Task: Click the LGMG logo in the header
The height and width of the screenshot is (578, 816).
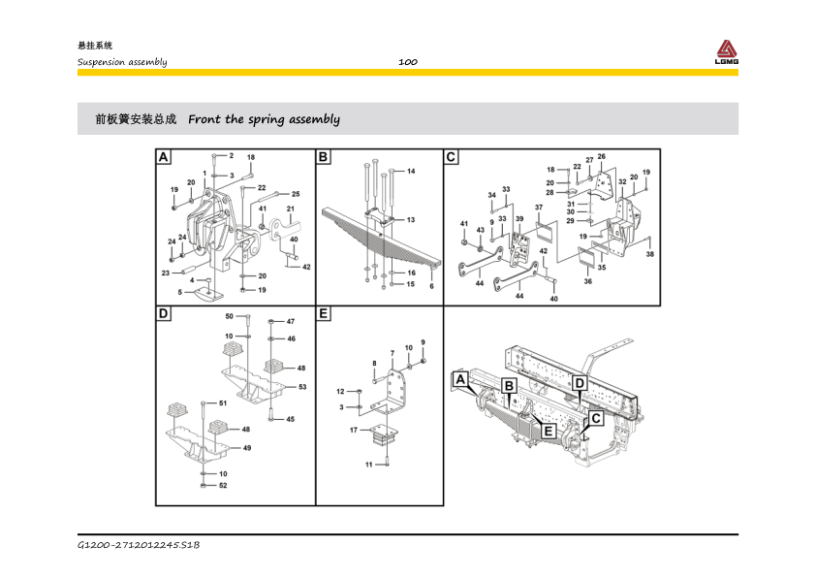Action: (727, 52)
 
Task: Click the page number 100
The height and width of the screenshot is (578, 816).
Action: (407, 62)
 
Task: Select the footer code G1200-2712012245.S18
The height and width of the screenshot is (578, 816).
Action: (139, 547)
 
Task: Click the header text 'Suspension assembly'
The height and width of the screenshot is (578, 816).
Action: (122, 62)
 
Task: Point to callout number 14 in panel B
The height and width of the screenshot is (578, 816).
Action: (411, 171)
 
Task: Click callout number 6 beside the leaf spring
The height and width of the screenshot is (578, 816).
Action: (431, 286)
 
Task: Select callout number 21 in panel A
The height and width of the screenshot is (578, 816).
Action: (290, 209)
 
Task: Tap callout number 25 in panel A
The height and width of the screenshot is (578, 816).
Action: (296, 194)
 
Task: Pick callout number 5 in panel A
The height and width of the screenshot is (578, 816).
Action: (179, 291)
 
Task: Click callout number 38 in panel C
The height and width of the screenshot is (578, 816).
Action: (649, 254)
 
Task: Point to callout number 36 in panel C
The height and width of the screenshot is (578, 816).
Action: (587, 281)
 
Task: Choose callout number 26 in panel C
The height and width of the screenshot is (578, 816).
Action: (601, 156)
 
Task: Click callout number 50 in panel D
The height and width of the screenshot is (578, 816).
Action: (230, 316)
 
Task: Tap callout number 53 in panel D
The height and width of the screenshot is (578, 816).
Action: (302, 387)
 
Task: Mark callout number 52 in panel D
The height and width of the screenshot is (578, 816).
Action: (223, 485)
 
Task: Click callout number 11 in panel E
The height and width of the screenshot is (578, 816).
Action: (368, 465)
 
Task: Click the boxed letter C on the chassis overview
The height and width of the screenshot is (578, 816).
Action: (596, 418)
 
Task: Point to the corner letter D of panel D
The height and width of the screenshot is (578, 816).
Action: (164, 314)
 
